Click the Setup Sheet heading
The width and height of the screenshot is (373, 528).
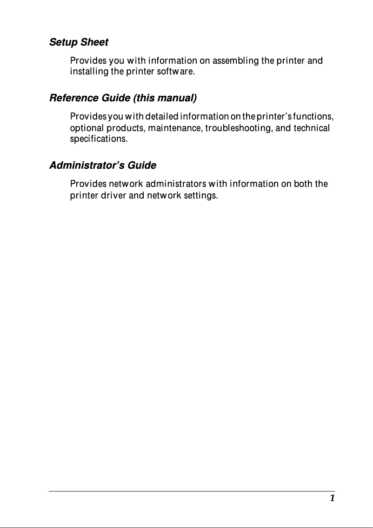79,42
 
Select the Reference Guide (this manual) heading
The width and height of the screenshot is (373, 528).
123,98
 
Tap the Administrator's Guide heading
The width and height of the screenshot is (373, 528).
103,165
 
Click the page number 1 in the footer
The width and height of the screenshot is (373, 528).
332,498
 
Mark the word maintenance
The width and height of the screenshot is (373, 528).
176,128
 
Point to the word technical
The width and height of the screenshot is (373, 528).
312,128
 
